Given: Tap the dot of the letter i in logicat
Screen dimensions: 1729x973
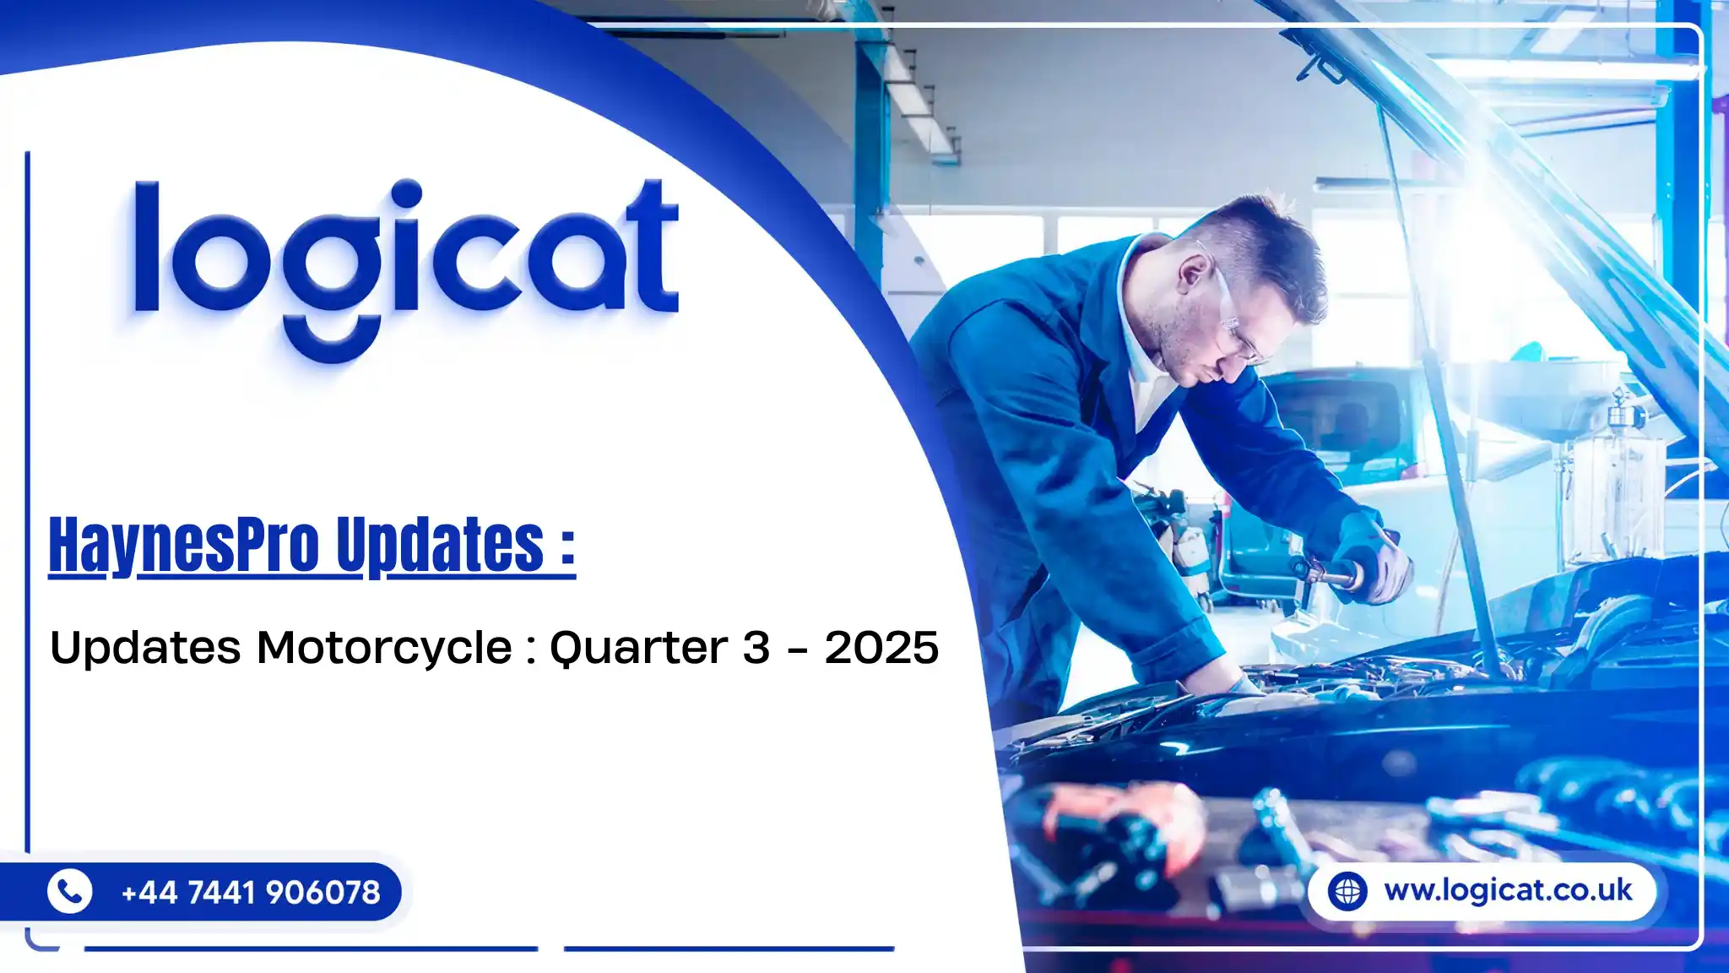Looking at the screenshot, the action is [x=407, y=193].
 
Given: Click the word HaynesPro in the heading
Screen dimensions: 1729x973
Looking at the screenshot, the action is [x=184, y=546].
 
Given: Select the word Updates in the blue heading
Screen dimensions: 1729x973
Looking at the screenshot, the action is [x=440, y=546].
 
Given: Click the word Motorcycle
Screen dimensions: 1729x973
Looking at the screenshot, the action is [x=384, y=648].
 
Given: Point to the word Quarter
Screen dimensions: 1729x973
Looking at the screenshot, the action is [x=638, y=649].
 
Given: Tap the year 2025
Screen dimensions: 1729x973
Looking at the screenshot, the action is [x=881, y=648].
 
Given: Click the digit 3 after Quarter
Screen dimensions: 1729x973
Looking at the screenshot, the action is [x=756, y=648].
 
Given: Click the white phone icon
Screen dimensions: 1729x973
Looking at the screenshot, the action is [x=70, y=891].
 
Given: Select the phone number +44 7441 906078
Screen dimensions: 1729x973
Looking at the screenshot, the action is [x=251, y=892].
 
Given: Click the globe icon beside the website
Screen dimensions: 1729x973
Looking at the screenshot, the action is [x=1347, y=891].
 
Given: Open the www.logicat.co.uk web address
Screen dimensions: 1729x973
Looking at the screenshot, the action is [x=1508, y=890].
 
